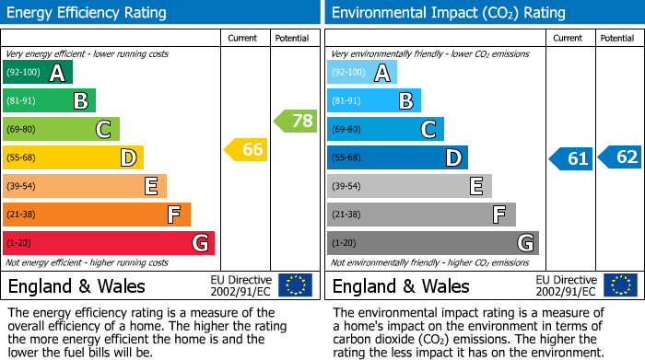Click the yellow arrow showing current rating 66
point(246,149)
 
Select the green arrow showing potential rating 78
point(295,121)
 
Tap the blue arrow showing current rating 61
point(571,158)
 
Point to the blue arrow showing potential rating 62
point(620,157)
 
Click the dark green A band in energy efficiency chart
point(38,73)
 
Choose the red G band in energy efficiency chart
point(109,243)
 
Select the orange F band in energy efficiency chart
point(97,215)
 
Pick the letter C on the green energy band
point(104,130)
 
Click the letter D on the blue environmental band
point(451,158)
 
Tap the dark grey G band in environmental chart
point(432,243)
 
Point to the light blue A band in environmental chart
point(362,73)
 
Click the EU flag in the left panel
point(295,285)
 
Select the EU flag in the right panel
point(620,285)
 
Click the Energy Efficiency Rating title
point(88,13)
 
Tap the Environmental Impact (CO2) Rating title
point(447,13)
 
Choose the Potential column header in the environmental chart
point(617,38)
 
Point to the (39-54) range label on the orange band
point(21,187)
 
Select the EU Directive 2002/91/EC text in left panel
point(241,285)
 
